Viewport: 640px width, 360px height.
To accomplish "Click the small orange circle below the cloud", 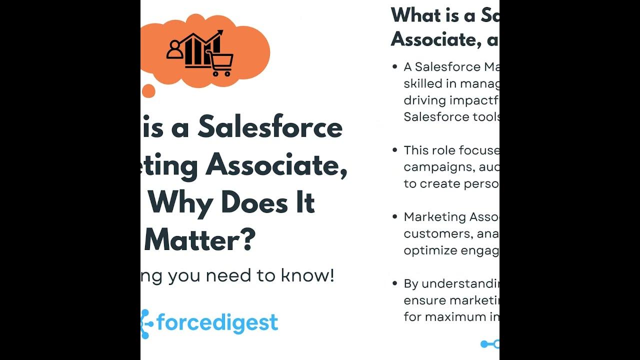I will point(148,90).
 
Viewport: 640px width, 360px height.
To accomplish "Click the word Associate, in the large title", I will point(276,164).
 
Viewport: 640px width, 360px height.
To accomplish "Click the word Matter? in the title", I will point(200,240).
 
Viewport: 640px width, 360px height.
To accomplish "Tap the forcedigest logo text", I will point(217,322).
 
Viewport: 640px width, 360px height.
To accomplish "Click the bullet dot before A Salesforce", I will point(395,66).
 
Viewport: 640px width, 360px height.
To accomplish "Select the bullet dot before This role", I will point(395,150).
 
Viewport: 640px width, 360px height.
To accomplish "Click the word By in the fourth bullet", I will point(411,283).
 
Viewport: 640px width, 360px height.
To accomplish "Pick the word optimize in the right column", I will point(428,250).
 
